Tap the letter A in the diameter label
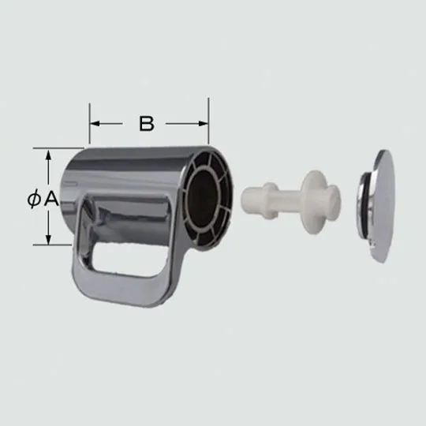click(50, 200)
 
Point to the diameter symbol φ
click(32, 200)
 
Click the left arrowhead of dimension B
click(93, 124)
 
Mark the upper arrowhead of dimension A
click(49, 153)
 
